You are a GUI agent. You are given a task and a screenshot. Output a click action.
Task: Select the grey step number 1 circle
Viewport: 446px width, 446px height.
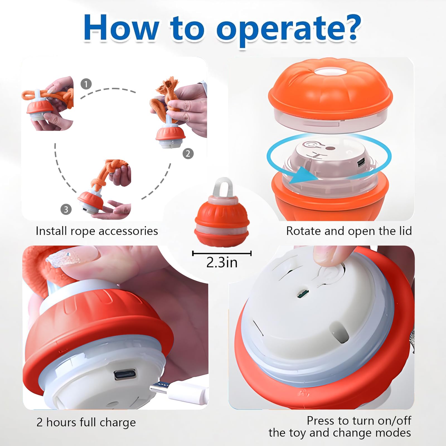[86, 84]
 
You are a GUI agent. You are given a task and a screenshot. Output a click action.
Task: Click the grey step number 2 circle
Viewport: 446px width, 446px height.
[188, 154]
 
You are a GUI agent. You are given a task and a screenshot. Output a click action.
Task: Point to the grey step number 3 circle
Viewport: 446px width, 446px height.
[66, 209]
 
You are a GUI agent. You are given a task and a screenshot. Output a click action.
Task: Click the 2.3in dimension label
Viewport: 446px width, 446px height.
[222, 263]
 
